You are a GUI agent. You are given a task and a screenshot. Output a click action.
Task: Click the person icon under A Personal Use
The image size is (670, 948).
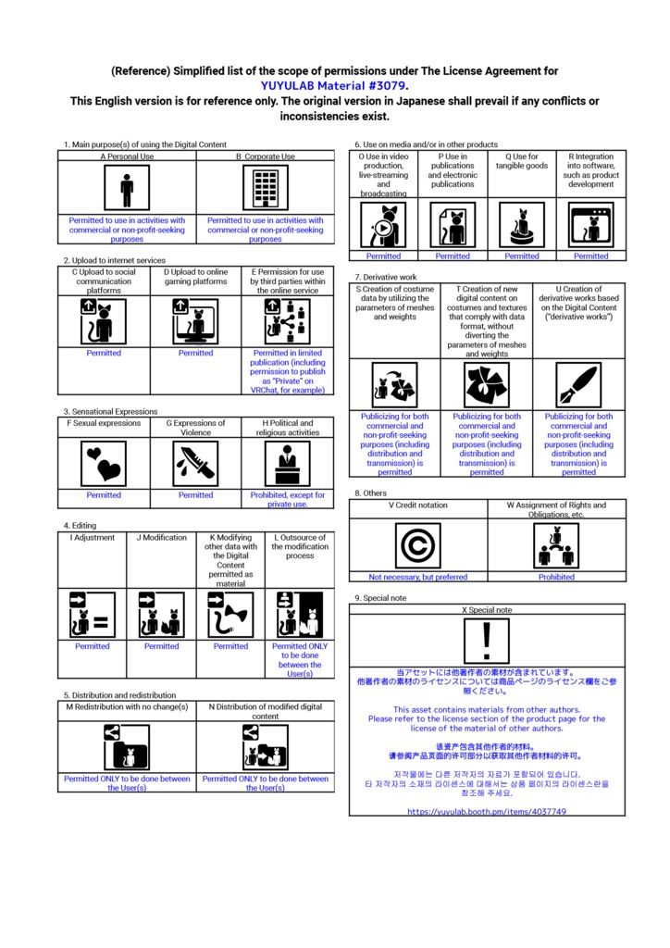click(x=126, y=187)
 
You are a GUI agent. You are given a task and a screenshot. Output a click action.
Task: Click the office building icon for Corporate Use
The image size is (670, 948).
click(x=266, y=187)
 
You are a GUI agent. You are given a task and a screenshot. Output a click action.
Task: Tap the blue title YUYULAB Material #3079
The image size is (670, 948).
click(x=333, y=86)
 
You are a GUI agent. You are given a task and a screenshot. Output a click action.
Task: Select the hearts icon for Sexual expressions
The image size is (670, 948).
click(x=104, y=464)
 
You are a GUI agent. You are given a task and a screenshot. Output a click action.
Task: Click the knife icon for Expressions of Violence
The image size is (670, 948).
click(x=196, y=464)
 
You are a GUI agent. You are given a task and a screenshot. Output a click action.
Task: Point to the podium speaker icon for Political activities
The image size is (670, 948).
click(x=288, y=464)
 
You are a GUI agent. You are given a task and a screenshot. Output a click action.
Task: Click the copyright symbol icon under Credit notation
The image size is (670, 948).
click(x=418, y=545)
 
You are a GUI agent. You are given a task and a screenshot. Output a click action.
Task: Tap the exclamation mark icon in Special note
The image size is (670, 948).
click(x=487, y=641)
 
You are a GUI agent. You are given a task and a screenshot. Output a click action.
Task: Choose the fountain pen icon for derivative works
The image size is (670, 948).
click(x=578, y=385)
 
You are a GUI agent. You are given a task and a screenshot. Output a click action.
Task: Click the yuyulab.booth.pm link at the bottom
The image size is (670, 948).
click(x=487, y=811)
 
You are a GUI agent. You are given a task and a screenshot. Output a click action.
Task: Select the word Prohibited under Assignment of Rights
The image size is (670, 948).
click(x=556, y=577)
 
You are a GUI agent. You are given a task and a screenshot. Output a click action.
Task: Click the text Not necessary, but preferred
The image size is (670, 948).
click(x=418, y=577)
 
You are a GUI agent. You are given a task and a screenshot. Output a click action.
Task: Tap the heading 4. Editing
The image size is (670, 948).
click(x=80, y=526)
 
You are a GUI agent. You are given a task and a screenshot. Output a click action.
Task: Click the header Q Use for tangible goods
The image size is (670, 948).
click(x=522, y=161)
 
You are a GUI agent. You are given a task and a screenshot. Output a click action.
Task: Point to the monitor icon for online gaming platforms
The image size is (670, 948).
click(x=196, y=322)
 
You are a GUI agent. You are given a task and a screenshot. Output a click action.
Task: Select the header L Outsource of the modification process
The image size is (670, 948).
click(x=300, y=546)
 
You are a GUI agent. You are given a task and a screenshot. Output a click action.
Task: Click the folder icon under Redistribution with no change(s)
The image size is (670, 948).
click(x=126, y=747)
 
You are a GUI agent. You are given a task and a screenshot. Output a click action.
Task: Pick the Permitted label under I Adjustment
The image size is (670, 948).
click(x=93, y=646)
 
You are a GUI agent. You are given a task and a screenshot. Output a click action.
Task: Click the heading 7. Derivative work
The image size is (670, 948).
click(x=386, y=277)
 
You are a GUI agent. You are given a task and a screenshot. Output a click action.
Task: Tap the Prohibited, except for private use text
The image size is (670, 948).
click(x=288, y=499)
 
